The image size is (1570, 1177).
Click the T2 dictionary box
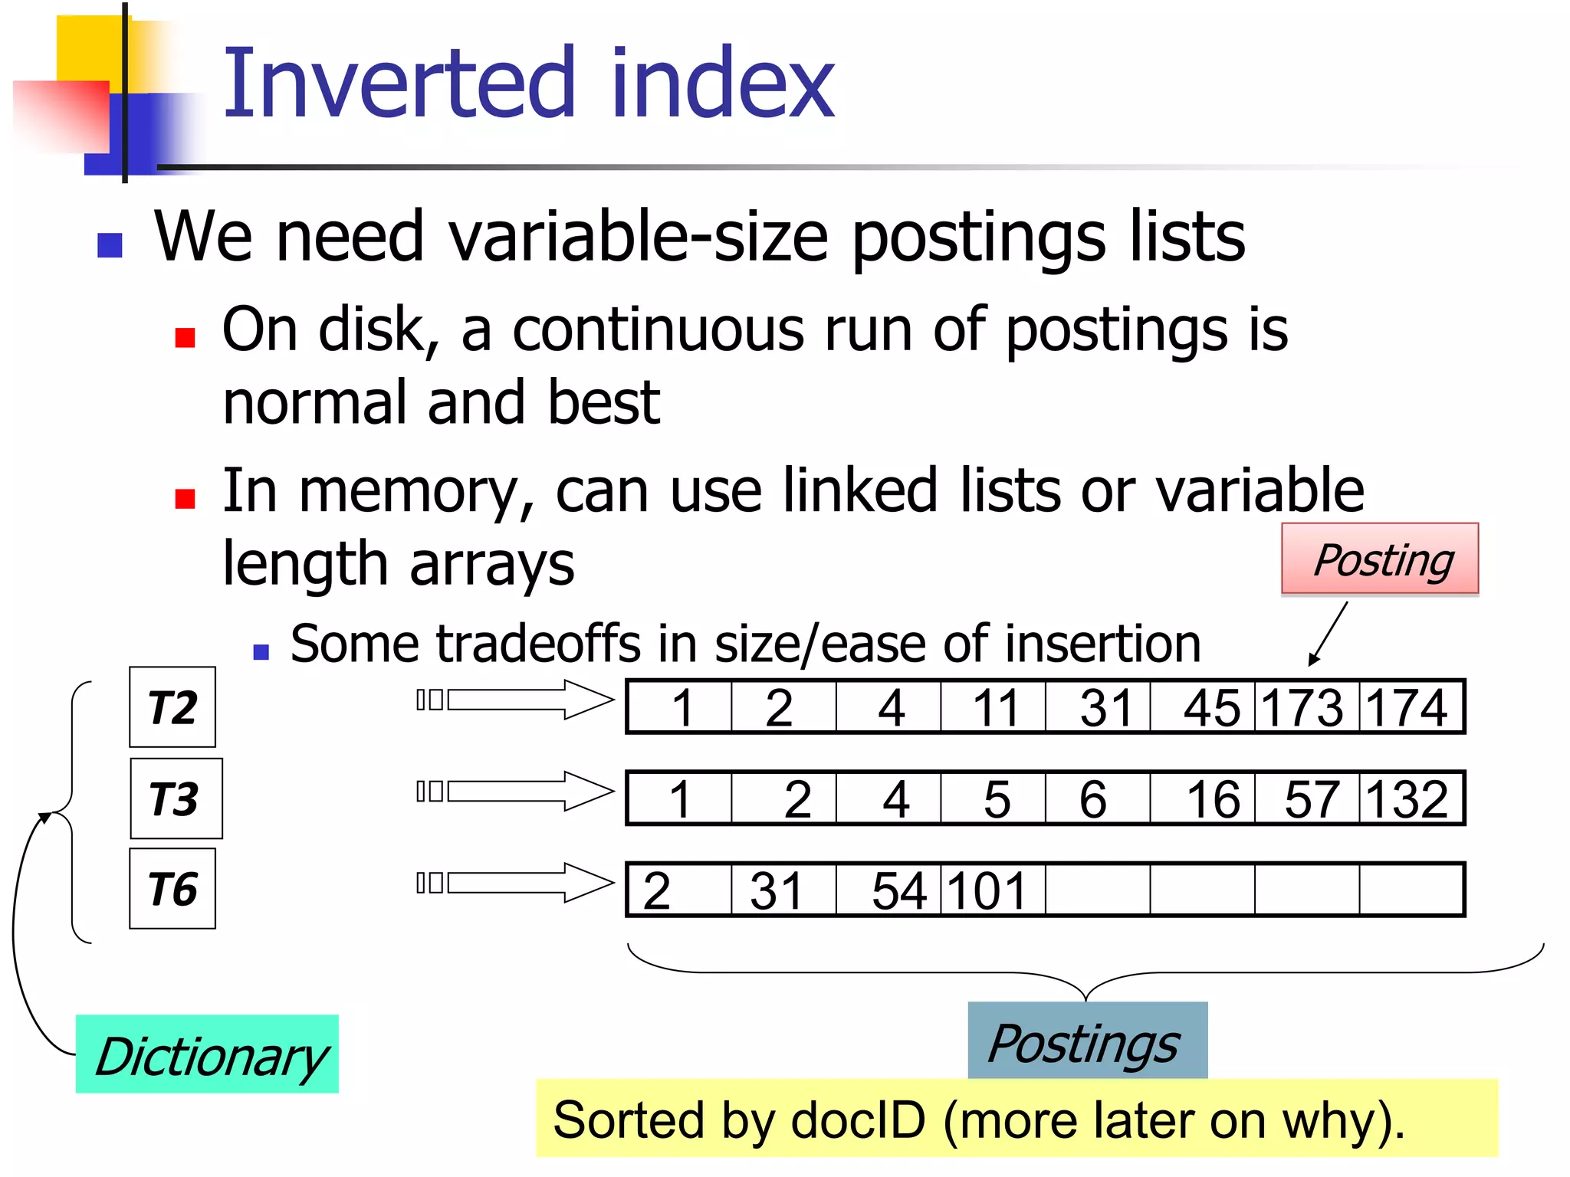[172, 707]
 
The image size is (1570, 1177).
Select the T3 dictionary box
[176, 798]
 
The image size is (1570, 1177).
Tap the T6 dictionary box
[172, 889]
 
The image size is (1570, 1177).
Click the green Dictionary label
[207, 1054]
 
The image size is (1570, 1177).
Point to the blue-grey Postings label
[1087, 1041]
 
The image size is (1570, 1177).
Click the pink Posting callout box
[1380, 559]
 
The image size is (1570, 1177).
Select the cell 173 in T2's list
[1306, 707]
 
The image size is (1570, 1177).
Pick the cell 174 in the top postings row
[1411, 707]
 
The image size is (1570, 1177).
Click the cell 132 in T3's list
[1411, 798]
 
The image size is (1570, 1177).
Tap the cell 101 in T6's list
[992, 890]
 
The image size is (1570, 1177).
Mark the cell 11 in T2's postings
[994, 707]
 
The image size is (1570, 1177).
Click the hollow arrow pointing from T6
[529, 883]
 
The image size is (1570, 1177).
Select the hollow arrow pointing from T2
[529, 700]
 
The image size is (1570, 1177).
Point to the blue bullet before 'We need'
[110, 245]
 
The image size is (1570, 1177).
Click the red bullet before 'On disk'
[185, 337]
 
